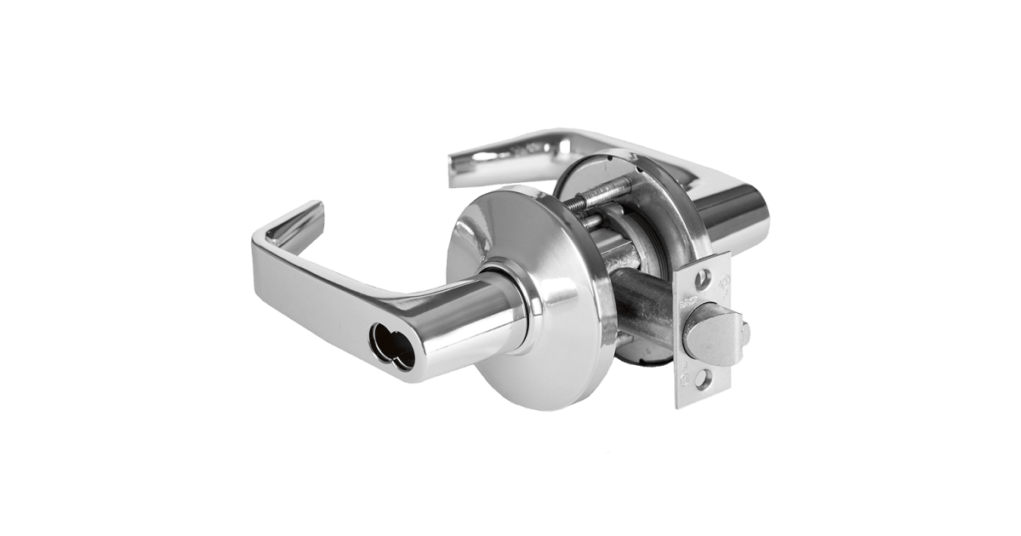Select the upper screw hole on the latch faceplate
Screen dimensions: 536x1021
click(x=703, y=277)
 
